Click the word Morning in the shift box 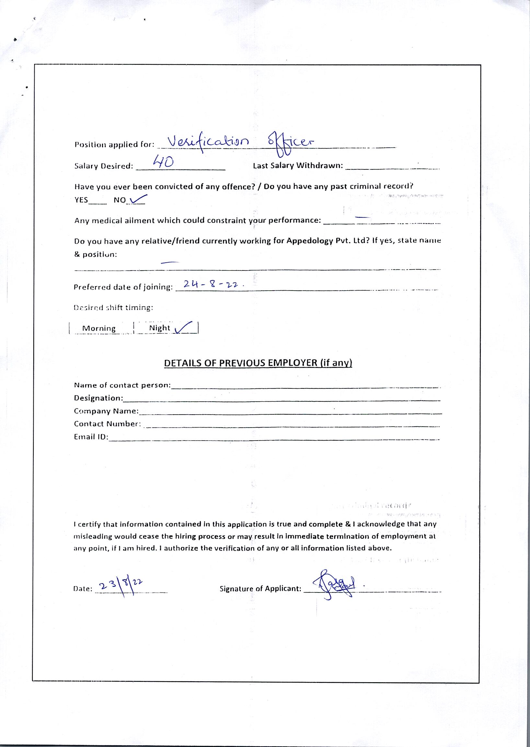pos(99,328)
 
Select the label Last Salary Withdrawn pos(298,166)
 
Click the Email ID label pos(91,437)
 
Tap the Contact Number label pos(107,424)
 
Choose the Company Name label pos(106,411)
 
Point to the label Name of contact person pos(122,385)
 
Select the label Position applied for pos(114,144)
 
